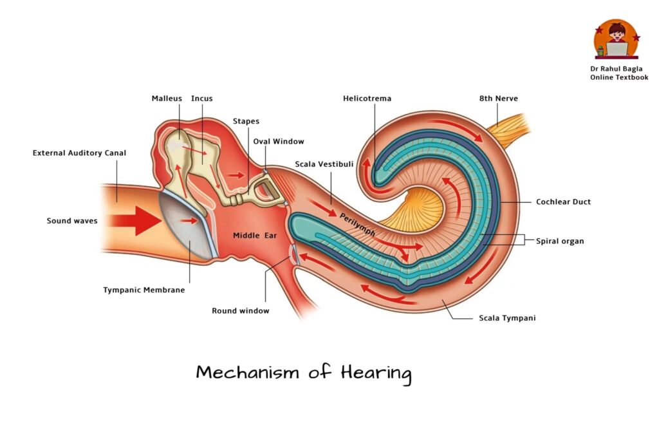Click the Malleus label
point(167,99)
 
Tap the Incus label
point(201,99)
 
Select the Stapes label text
point(246,122)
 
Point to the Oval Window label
point(278,141)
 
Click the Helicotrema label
point(367,99)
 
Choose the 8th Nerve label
point(499,99)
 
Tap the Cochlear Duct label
point(563,202)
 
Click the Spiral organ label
point(560,241)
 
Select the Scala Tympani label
point(507,318)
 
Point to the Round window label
point(241,310)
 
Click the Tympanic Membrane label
point(144,290)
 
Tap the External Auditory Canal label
point(79,153)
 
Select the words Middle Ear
point(255,236)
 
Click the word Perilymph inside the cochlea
point(357,225)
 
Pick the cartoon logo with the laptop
point(617,39)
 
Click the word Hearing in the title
point(376,373)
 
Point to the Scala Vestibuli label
point(324,164)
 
